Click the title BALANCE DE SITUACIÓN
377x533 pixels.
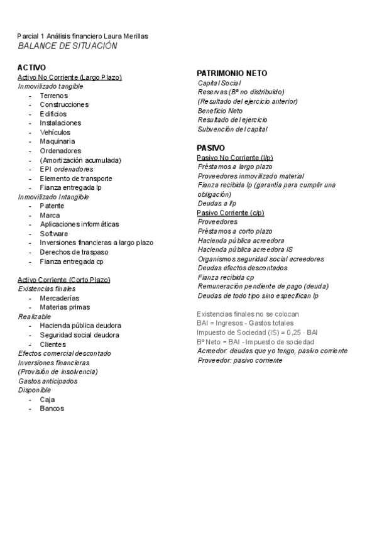point(67,47)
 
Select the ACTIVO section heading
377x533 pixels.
point(31,67)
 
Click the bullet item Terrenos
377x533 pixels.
point(54,95)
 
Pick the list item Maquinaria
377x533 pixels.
point(58,141)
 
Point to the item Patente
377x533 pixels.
point(52,206)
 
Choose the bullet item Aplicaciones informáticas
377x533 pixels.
point(79,224)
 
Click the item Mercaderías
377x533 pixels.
point(60,298)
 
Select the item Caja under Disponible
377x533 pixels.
point(47,399)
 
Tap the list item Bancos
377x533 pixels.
point(52,409)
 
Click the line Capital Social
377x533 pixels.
point(219,83)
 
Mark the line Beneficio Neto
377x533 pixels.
point(220,111)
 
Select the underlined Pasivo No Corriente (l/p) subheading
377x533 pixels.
point(235,157)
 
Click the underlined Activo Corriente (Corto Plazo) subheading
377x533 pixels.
point(63,279)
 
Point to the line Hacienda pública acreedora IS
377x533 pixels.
point(245,250)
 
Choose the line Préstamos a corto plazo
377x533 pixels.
point(235,231)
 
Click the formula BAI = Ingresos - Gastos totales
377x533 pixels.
point(245,323)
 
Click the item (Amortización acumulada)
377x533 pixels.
point(80,160)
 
